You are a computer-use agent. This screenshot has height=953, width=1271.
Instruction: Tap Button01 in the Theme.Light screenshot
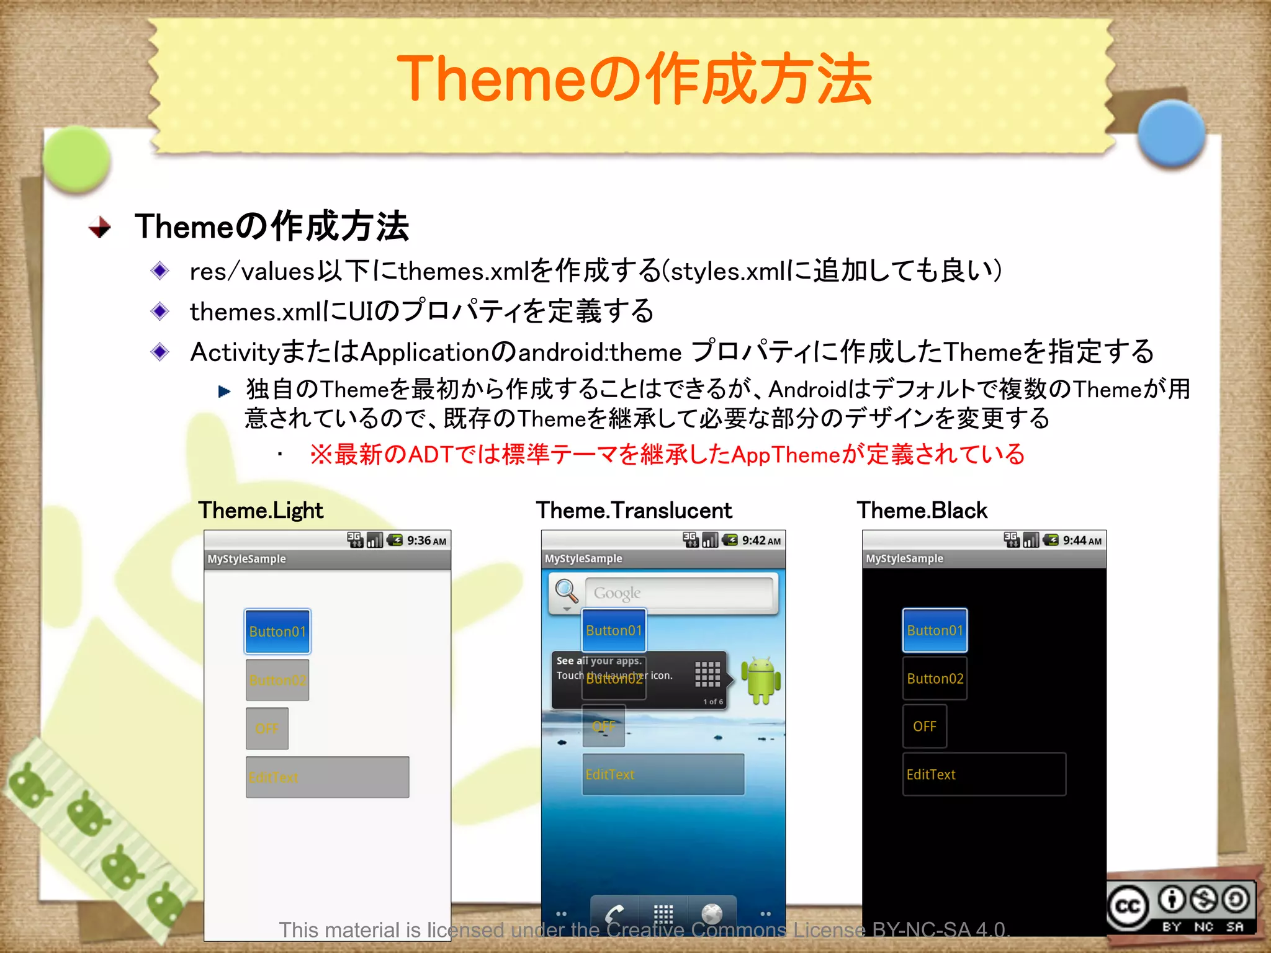pyautogui.click(x=277, y=632)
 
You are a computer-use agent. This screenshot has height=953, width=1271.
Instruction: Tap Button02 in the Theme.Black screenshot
pyautogui.click(x=935, y=678)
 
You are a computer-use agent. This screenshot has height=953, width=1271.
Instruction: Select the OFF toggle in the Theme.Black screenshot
pyautogui.click(x=924, y=726)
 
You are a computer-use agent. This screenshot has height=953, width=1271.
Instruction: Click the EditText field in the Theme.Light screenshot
pyautogui.click(x=327, y=777)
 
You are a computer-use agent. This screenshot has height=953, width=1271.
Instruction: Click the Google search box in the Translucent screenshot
pyautogui.click(x=679, y=593)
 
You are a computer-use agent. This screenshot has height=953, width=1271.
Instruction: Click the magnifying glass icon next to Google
pyautogui.click(x=567, y=592)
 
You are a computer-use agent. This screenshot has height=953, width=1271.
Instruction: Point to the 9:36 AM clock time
pyautogui.click(x=426, y=540)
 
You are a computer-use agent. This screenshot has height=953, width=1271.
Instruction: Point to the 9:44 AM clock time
pyautogui.click(x=1082, y=540)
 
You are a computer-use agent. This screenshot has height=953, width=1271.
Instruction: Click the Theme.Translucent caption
pyautogui.click(x=634, y=511)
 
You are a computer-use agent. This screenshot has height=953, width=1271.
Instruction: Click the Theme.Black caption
pyautogui.click(x=922, y=511)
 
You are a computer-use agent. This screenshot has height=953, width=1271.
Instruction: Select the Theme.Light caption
pyautogui.click(x=261, y=511)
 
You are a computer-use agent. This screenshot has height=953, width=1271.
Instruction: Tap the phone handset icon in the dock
pyautogui.click(x=614, y=913)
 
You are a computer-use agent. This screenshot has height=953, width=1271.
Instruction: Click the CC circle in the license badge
pyautogui.click(x=1128, y=907)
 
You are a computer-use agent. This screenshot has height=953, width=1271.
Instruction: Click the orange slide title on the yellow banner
pyautogui.click(x=634, y=79)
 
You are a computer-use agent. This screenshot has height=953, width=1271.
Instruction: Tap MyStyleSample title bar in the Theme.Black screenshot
pyautogui.click(x=984, y=558)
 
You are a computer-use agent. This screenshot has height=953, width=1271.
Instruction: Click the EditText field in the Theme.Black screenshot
pyautogui.click(x=984, y=774)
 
